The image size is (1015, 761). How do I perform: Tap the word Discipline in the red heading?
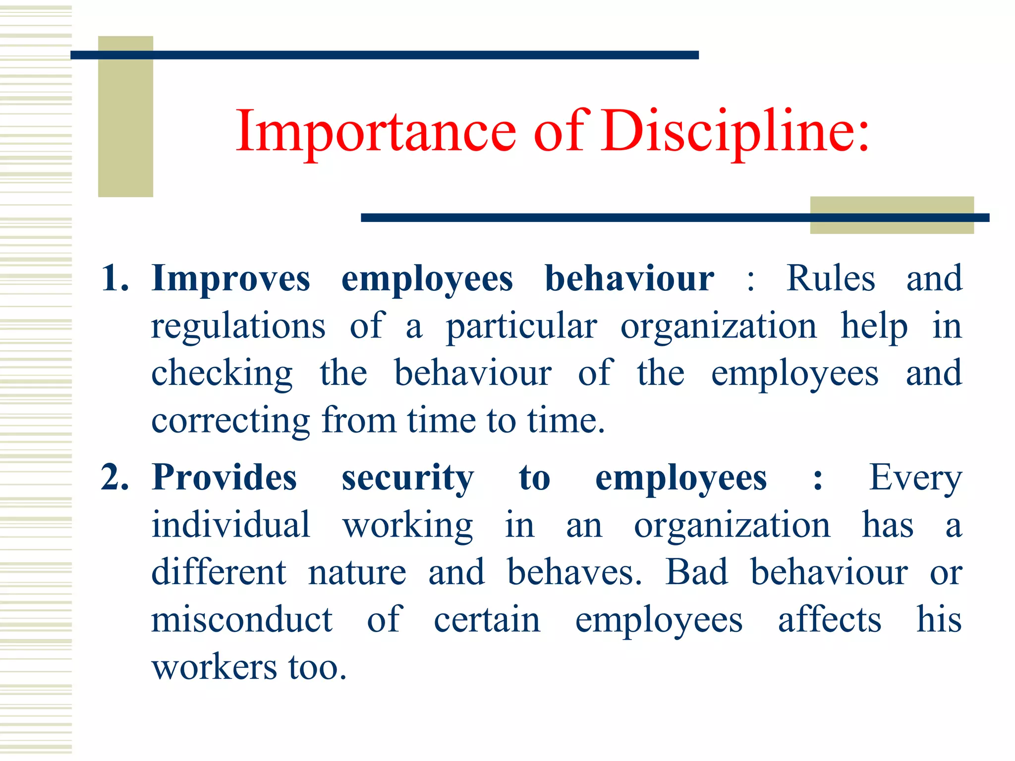pyautogui.click(x=735, y=131)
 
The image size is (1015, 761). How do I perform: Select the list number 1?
pyautogui.click(x=114, y=278)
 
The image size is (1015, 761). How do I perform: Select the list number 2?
pyautogui.click(x=114, y=478)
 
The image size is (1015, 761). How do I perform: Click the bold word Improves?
pyautogui.click(x=231, y=279)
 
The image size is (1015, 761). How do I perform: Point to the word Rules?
pyautogui.click(x=831, y=278)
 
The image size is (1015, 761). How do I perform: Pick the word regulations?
pyautogui.click(x=238, y=327)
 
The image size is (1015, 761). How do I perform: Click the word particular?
pyautogui.click(x=521, y=327)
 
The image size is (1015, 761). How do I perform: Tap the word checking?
pyautogui.click(x=222, y=374)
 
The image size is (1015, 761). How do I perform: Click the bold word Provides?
pyautogui.click(x=225, y=478)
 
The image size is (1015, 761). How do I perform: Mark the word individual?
pyautogui.click(x=231, y=525)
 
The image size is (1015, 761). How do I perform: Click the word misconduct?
pyautogui.click(x=242, y=620)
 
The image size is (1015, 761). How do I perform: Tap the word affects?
pyautogui.click(x=830, y=620)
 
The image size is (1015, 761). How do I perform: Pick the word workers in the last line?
pyautogui.click(x=214, y=667)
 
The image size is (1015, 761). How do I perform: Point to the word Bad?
pyautogui.click(x=696, y=572)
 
